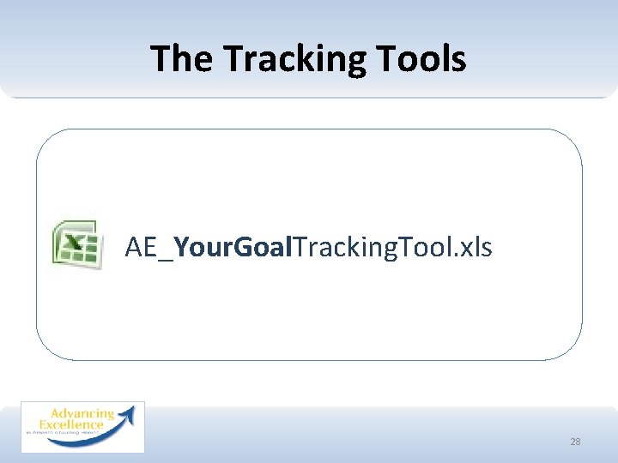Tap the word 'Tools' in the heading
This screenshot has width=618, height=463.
point(427,59)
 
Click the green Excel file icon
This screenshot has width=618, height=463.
point(76,246)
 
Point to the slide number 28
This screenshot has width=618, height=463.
point(575,442)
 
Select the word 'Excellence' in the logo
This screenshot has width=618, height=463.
point(71,424)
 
